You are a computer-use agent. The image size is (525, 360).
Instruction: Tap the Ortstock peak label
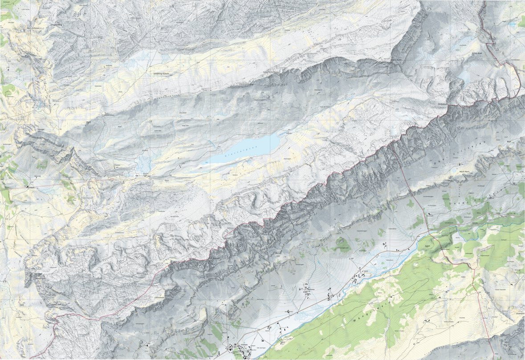[445, 104]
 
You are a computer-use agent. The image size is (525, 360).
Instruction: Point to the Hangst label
[41, 129]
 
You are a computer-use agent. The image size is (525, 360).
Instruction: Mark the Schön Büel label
[477, 53]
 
